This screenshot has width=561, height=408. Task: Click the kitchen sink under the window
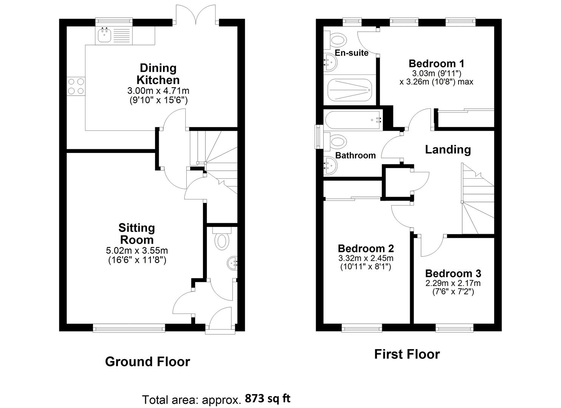point(104,36)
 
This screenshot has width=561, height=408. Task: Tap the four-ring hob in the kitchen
point(76,86)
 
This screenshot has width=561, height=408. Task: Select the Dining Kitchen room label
point(158,74)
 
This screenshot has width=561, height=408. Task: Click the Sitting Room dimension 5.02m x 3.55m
point(137,250)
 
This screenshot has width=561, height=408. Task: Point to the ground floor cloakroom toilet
point(221,240)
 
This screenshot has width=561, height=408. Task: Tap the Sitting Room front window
point(129,329)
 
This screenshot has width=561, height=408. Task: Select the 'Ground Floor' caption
point(147,362)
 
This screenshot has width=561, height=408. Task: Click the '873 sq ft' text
point(268,398)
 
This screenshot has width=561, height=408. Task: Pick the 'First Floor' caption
point(407,354)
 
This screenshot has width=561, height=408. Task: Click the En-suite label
point(351,53)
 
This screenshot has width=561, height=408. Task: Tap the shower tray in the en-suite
point(350,90)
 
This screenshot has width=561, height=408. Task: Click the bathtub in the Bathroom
point(353,121)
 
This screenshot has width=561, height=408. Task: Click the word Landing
point(448,150)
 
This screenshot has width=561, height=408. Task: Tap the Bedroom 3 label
point(453,274)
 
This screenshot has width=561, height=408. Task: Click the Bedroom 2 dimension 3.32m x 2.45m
point(366,258)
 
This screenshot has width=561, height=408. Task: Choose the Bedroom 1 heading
point(436,63)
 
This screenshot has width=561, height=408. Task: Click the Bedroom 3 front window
point(454,329)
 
